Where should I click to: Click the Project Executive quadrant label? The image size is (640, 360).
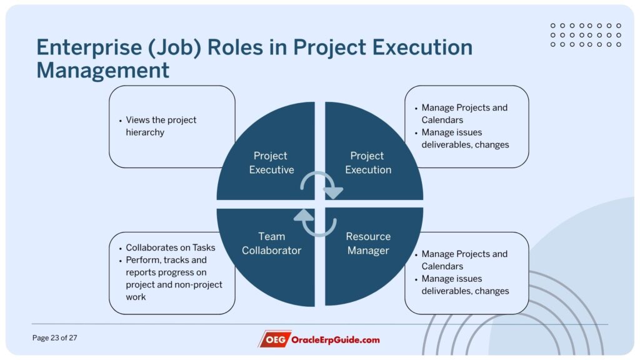tap(271, 162)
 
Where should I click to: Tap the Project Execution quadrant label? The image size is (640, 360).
tap(368, 162)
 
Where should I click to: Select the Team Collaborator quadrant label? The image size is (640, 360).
tap(271, 243)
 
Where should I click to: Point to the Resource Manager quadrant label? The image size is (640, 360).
tap(368, 243)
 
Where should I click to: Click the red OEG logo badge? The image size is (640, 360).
tap(274, 339)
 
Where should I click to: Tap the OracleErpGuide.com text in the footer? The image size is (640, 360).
tap(335, 339)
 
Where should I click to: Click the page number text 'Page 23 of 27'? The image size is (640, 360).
tap(55, 338)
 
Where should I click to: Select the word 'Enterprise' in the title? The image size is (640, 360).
tap(89, 47)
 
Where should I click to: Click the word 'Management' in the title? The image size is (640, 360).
tap(103, 70)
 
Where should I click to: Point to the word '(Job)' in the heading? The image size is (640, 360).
tap(175, 47)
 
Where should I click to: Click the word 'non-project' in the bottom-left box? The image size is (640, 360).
tap(198, 285)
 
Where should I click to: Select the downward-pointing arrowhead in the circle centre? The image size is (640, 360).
tap(334, 192)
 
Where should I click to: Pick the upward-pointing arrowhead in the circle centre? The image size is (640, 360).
tap(304, 215)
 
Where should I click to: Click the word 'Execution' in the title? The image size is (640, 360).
tap(422, 47)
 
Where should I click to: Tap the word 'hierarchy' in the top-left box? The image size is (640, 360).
tap(145, 132)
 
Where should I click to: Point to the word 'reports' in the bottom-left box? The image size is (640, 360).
tap(141, 272)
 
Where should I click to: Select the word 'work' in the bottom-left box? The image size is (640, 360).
tap(136, 297)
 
